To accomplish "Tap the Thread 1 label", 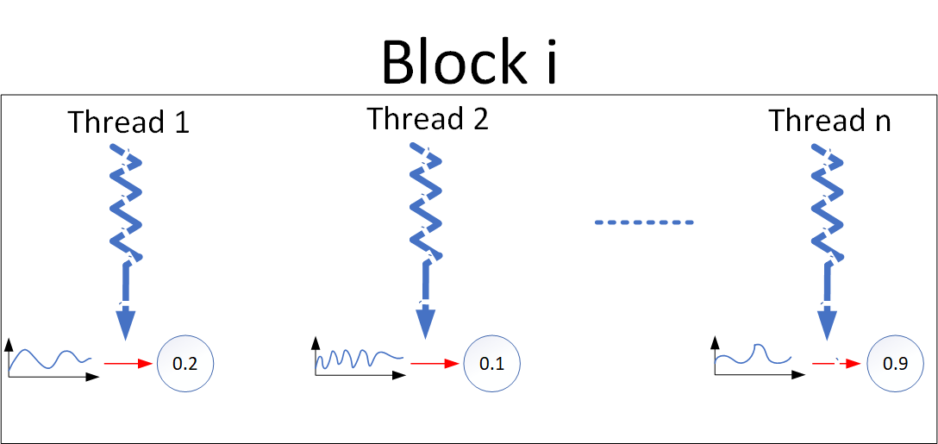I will click(x=128, y=122).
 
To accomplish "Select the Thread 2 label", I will click(x=428, y=119).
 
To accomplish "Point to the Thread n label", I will click(x=829, y=121).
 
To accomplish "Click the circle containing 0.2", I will click(x=184, y=364).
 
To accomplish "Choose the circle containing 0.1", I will click(x=491, y=364).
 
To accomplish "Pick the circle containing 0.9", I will click(x=895, y=364).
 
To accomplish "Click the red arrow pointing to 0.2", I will click(x=128, y=364).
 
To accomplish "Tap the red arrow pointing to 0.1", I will click(x=434, y=364).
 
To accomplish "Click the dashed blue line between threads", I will click(x=643, y=223).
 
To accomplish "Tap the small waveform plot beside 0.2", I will click(x=50, y=359).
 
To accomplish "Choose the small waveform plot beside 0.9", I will click(x=753, y=357).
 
